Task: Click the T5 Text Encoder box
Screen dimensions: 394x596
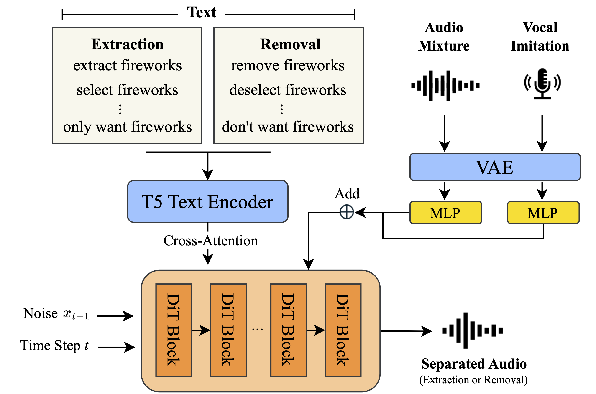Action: click(x=207, y=201)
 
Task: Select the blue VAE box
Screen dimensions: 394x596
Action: click(x=494, y=167)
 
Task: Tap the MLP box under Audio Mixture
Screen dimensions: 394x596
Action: click(x=445, y=213)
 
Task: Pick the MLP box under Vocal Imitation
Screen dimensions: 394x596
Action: click(x=543, y=213)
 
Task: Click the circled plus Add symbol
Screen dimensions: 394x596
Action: click(x=347, y=212)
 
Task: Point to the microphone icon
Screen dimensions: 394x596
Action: click(x=542, y=84)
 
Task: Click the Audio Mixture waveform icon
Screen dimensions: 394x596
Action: click(x=445, y=85)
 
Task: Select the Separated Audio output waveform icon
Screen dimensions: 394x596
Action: click(x=472, y=331)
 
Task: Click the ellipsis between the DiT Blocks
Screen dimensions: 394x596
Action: click(x=257, y=329)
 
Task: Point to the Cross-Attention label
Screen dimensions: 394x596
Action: click(x=211, y=241)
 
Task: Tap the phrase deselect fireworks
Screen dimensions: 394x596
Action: click(x=288, y=90)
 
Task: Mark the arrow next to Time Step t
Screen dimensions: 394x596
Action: click(x=116, y=347)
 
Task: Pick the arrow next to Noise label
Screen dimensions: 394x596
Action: click(x=115, y=316)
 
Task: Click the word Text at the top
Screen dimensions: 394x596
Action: click(x=202, y=12)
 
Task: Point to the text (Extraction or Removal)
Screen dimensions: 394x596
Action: click(x=473, y=380)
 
